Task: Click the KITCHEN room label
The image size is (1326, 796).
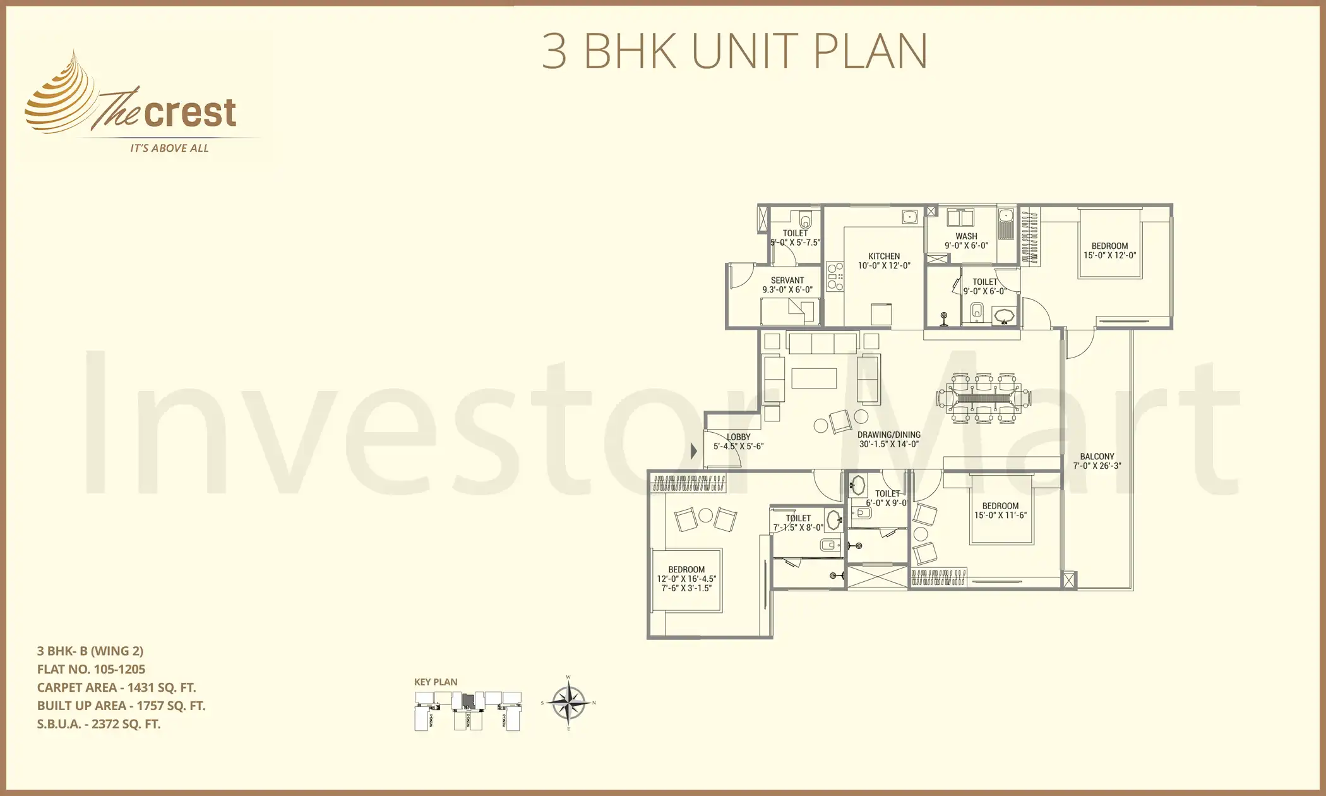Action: click(883, 256)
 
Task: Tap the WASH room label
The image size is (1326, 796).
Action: click(966, 236)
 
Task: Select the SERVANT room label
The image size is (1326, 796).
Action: click(787, 280)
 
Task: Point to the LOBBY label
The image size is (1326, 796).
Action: click(738, 437)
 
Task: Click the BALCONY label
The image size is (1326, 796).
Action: click(1097, 456)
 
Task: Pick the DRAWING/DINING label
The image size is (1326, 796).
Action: click(888, 435)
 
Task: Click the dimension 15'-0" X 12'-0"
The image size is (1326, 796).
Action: click(1109, 256)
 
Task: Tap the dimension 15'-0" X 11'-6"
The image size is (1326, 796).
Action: click(1000, 516)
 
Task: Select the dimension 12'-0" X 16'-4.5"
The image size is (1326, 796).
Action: click(686, 579)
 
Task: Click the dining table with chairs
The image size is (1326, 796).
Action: click(984, 398)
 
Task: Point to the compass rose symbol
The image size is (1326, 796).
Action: click(568, 703)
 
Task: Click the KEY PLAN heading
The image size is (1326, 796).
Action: click(436, 682)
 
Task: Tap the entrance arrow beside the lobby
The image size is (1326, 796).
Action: click(693, 451)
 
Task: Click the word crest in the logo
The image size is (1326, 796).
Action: click(190, 114)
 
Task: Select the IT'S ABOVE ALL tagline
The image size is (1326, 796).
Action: click(169, 148)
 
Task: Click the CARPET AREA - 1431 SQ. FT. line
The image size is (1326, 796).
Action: click(116, 687)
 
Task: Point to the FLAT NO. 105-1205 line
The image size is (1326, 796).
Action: click(91, 669)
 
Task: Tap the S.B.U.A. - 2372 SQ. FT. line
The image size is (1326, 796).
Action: click(99, 724)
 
